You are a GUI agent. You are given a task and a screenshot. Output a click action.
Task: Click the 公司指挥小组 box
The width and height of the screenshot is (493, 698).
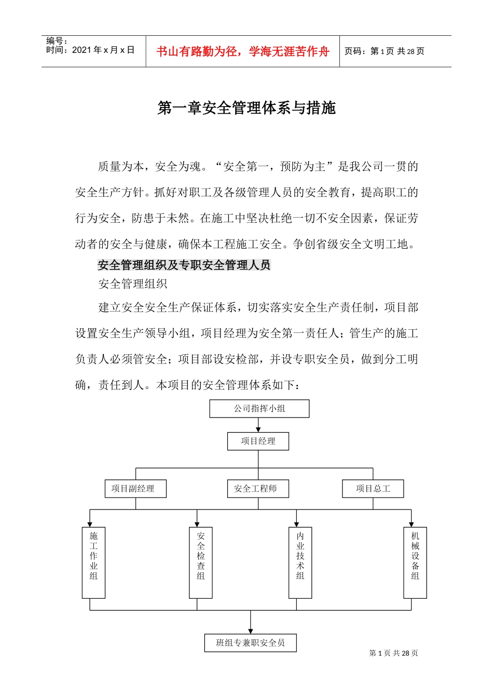pos(259,409)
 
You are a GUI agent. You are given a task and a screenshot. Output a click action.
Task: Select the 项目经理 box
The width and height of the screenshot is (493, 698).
pos(258,441)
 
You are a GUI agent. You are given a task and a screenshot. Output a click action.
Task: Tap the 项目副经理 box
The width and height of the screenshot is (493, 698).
pos(135,489)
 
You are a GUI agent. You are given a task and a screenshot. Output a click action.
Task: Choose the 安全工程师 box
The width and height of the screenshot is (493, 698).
pos(258,489)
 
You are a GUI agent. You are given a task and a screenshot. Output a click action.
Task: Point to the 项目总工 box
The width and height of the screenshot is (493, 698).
pos(373,489)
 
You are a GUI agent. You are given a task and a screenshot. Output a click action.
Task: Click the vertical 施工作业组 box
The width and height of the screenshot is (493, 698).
pos(93,562)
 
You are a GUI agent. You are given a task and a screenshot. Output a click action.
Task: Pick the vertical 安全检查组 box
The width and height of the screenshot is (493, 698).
pos(201,562)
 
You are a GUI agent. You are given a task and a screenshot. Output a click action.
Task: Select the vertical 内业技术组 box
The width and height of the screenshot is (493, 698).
pos(300,562)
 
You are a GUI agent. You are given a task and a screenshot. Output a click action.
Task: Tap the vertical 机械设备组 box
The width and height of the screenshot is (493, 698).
pos(415,562)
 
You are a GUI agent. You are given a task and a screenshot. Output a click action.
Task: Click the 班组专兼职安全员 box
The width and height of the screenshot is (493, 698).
pos(250,643)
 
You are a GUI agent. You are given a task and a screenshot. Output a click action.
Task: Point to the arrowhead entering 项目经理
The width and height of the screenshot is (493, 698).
pos(258,429)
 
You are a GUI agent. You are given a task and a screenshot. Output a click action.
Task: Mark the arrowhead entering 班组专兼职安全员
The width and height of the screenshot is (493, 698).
pos(251,631)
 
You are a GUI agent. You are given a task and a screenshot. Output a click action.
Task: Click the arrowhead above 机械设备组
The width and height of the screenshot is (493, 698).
pos(411,524)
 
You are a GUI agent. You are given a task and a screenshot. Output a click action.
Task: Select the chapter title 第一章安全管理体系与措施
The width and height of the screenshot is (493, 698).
pos(246,108)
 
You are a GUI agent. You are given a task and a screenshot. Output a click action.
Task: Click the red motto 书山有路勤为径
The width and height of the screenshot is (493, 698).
pos(243,51)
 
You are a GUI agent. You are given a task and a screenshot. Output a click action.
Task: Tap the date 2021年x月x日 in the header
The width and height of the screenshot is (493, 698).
pos(90,50)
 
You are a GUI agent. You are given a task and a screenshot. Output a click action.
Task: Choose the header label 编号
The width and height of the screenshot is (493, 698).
pos(57,41)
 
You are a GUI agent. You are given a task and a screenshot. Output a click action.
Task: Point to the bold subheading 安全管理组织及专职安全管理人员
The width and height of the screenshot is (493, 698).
pos(184,265)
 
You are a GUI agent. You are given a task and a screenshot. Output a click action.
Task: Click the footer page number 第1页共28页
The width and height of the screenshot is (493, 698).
pos(393,653)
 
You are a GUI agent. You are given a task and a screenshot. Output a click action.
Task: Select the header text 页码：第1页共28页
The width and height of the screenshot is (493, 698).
pos(385,51)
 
